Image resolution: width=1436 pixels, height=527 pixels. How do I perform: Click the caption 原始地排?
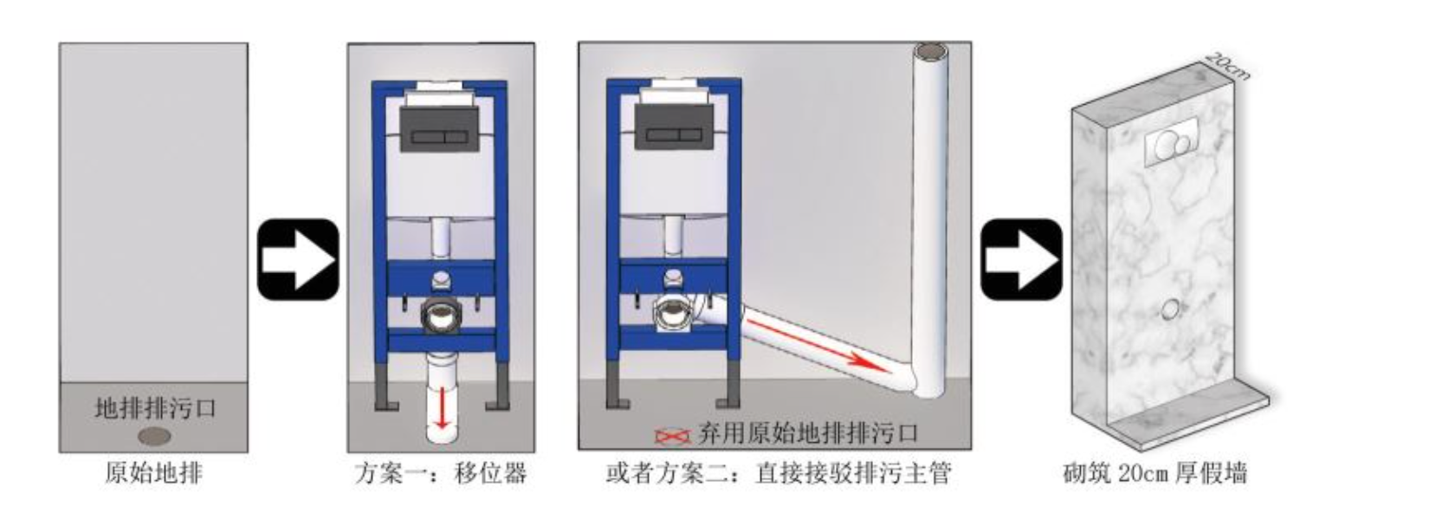coord(154,474)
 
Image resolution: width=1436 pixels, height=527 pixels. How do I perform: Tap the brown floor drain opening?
coord(154,437)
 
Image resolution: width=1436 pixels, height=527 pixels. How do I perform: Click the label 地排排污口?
coord(155,408)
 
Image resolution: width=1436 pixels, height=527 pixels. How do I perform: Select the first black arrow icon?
coord(298,260)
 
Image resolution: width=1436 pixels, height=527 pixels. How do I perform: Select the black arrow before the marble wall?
coord(1022,260)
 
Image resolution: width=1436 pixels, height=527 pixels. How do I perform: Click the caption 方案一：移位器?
coord(441,474)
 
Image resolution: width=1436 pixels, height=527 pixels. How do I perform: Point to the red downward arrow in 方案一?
coord(442,408)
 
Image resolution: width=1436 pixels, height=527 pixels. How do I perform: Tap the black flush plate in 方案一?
coord(439,130)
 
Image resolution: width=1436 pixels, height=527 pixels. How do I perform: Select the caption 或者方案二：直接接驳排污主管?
coord(779,474)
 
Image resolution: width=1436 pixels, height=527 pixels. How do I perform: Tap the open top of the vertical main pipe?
coord(931,51)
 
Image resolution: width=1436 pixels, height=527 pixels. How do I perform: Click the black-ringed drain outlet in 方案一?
coord(442,316)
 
